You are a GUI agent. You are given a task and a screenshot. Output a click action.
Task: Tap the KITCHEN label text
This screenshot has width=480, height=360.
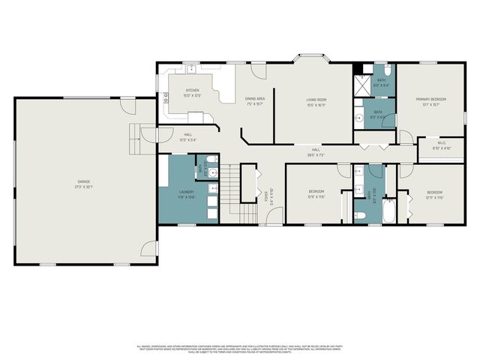(193, 93)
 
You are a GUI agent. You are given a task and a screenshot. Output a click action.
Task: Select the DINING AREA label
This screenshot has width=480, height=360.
(255, 100)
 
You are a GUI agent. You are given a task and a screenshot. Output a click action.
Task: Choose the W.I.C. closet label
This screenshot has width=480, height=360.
(441, 146)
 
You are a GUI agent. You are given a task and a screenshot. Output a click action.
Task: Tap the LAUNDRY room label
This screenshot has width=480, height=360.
(187, 194)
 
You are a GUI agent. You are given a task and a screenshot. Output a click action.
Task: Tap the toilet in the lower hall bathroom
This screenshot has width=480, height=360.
(361, 215)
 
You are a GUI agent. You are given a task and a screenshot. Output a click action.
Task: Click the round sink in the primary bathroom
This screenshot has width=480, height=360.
(360, 117)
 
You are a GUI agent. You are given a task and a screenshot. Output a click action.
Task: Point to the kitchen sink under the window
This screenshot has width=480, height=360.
(192, 69)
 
